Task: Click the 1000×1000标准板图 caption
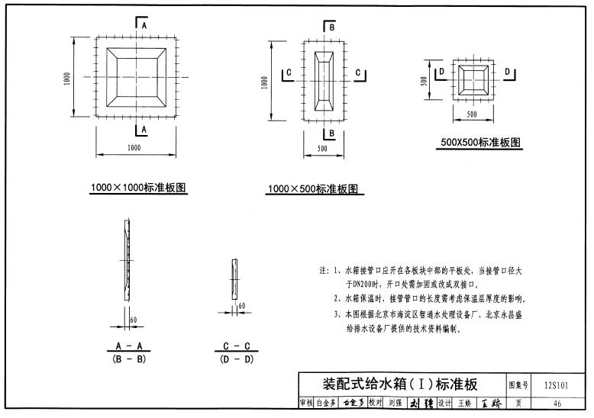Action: [x=139, y=186]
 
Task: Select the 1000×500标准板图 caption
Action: [x=312, y=189]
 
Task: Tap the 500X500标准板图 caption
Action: [x=481, y=142]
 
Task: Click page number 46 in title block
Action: [x=557, y=404]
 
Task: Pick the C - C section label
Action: [x=237, y=346]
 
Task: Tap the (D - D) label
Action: [x=237, y=359]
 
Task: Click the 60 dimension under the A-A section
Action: [x=133, y=319]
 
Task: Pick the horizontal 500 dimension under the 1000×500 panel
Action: [x=323, y=149]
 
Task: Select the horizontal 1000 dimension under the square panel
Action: [x=134, y=146]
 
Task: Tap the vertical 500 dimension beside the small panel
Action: [x=424, y=81]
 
